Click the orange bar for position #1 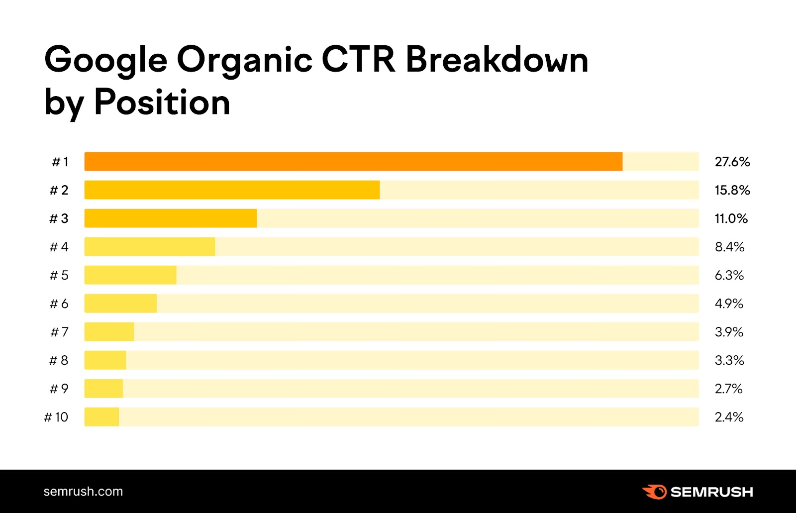[x=353, y=162]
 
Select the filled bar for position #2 [x=232, y=190]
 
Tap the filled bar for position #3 [x=171, y=218]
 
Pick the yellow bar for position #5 [x=130, y=275]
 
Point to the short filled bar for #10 [x=101, y=417]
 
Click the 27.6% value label [x=732, y=162]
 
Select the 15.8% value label [x=732, y=190]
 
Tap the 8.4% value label [x=729, y=247]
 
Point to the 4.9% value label [x=729, y=304]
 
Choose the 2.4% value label [x=729, y=417]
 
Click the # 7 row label [x=59, y=332]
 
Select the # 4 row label [x=59, y=247]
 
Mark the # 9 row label [x=59, y=389]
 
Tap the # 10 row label [x=56, y=417]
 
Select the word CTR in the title [x=358, y=60]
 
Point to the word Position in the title [x=162, y=103]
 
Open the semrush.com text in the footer [x=83, y=492]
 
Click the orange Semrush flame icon [x=654, y=492]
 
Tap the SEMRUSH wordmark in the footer [x=711, y=492]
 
